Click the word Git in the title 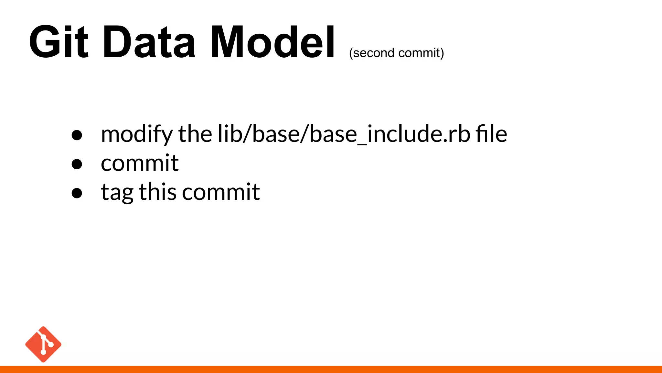[59, 42]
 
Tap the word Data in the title [149, 42]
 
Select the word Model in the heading [272, 42]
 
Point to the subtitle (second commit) [396, 53]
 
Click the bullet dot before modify [77, 135]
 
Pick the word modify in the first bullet [137, 134]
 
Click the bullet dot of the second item [77, 164]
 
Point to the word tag [117, 192]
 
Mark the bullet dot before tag [77, 193]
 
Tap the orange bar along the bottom [331, 369]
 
